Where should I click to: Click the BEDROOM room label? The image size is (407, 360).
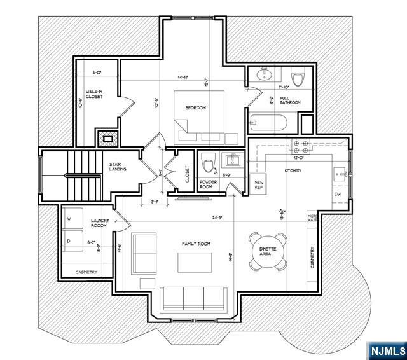tap(196, 108)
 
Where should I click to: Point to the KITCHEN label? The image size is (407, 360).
tap(293, 171)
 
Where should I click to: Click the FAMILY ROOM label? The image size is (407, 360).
tap(195, 244)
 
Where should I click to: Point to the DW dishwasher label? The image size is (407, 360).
tap(338, 194)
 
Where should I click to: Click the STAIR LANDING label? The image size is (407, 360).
tap(117, 167)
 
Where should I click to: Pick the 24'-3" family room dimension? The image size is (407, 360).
tap(217, 218)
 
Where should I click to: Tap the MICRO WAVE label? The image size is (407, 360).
tap(312, 218)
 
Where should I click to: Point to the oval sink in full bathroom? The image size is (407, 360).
tap(264, 76)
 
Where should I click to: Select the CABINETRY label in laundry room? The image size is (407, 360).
tap(86, 272)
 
